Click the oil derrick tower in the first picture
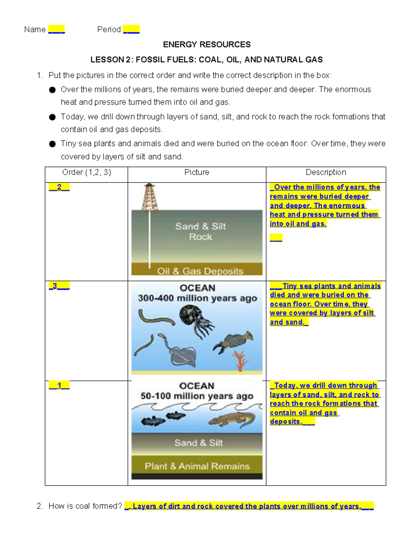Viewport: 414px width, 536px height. [150, 197]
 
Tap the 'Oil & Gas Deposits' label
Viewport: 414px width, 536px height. [200, 271]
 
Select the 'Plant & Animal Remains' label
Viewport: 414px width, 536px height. [197, 466]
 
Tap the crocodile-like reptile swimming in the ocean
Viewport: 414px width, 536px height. [232, 419]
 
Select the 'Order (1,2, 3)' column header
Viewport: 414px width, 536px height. [86, 172]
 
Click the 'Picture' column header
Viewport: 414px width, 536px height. [197, 172]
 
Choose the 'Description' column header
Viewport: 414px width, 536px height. [326, 172]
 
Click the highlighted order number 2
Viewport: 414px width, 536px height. [59, 187]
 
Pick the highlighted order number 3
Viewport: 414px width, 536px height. [55, 286]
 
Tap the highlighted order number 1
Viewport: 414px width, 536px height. [59, 386]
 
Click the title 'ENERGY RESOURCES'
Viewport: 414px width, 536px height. [207, 45]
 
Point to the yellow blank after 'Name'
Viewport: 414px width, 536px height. [56, 29]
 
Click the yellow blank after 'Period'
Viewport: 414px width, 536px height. [131, 29]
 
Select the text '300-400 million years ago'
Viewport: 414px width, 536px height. [197, 298]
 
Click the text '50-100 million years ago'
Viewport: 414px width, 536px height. [197, 396]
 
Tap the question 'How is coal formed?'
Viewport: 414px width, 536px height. [85, 506]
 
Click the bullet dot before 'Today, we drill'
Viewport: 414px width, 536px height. [52, 117]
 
